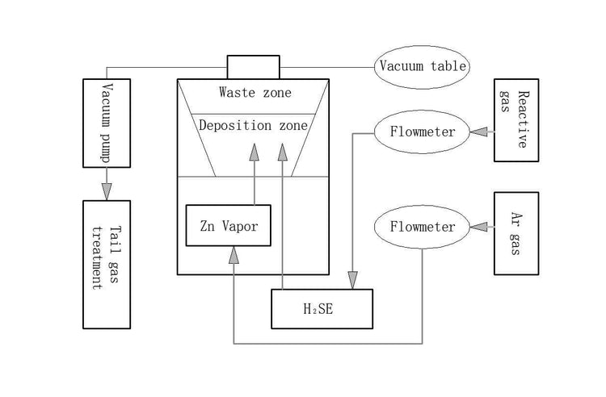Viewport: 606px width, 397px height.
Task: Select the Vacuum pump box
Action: [107, 123]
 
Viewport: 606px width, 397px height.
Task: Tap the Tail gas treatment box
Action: [107, 265]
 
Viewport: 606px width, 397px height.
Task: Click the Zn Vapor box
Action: [229, 225]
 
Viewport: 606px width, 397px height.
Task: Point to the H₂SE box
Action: [322, 309]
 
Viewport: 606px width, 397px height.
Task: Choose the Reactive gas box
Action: [516, 120]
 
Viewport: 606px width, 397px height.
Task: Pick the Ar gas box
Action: [516, 233]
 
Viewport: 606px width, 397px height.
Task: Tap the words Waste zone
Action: [255, 92]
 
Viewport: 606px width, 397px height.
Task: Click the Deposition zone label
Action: [253, 126]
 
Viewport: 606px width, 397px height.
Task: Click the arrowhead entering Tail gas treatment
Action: [107, 191]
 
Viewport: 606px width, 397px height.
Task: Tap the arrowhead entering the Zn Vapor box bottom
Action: [234, 255]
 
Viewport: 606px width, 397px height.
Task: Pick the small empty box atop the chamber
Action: [253, 67]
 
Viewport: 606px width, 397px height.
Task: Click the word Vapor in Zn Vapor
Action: [240, 225]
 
